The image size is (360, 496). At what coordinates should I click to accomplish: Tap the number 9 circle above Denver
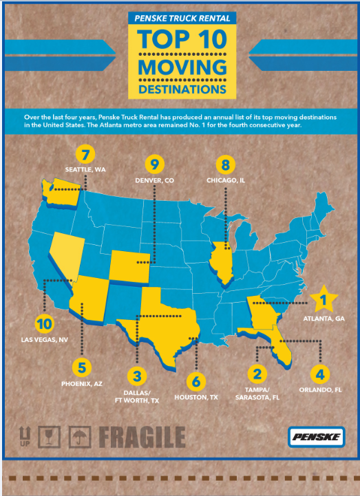click(x=156, y=164)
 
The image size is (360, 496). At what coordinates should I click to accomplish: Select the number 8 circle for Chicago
click(x=226, y=165)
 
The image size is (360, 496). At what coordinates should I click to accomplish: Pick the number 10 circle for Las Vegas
click(x=44, y=323)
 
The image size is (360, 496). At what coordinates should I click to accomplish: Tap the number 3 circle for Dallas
click(x=138, y=376)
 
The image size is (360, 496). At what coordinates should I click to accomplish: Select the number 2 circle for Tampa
click(x=257, y=374)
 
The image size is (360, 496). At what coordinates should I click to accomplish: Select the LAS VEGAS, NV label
click(x=43, y=338)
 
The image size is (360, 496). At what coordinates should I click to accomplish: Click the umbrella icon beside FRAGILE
click(x=82, y=436)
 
